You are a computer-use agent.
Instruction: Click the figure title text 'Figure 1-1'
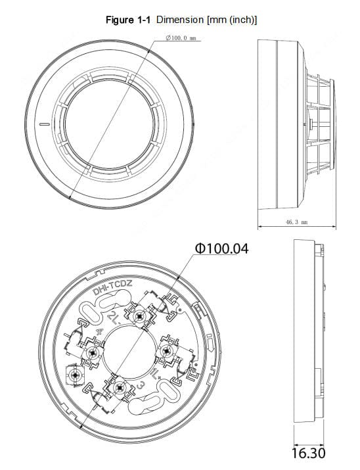pyautogui.click(x=129, y=20)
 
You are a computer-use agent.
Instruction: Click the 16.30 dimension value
pyautogui.click(x=307, y=453)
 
